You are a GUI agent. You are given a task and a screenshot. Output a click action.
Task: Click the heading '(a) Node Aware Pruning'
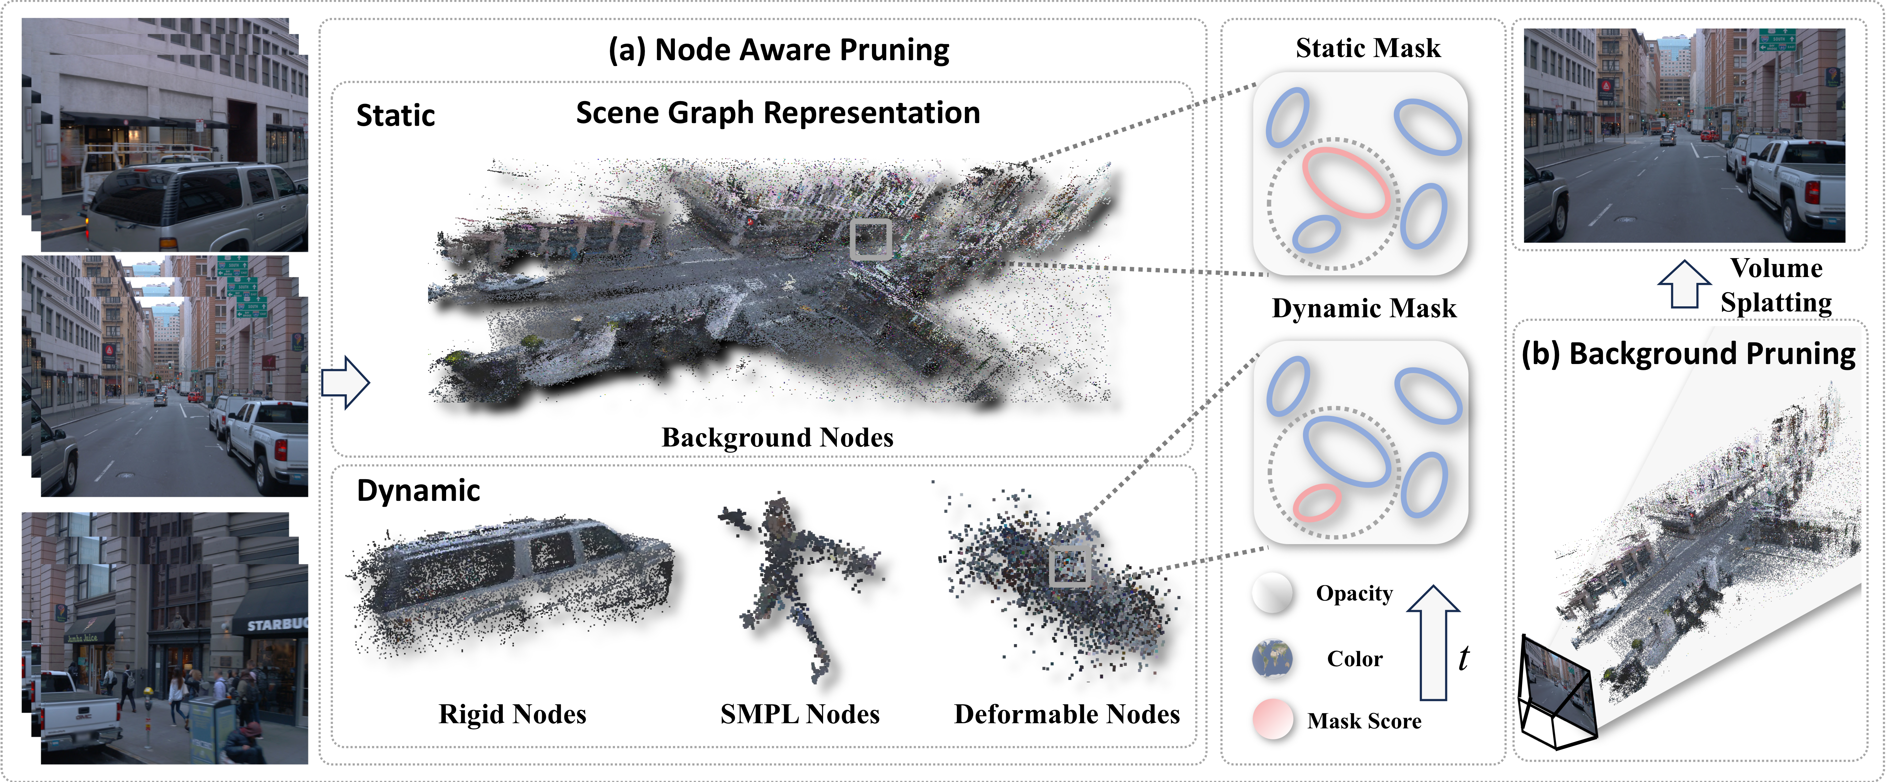point(779,50)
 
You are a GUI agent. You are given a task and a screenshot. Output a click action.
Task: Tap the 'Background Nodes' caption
point(777,437)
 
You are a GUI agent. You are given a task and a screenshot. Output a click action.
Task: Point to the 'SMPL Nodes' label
point(800,714)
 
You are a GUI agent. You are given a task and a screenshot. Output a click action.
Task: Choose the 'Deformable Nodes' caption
point(1067,714)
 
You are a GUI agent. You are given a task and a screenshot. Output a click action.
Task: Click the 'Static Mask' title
point(1368,48)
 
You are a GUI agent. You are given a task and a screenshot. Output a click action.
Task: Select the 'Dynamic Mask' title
point(1364,308)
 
